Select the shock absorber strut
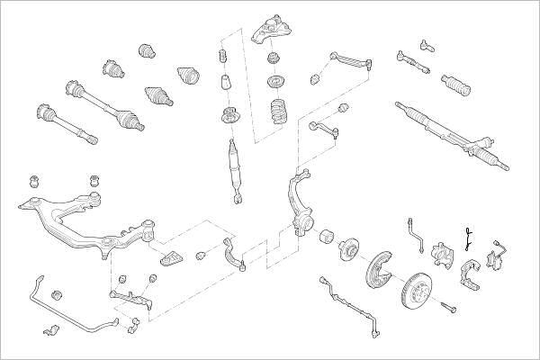coord(235,166)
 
